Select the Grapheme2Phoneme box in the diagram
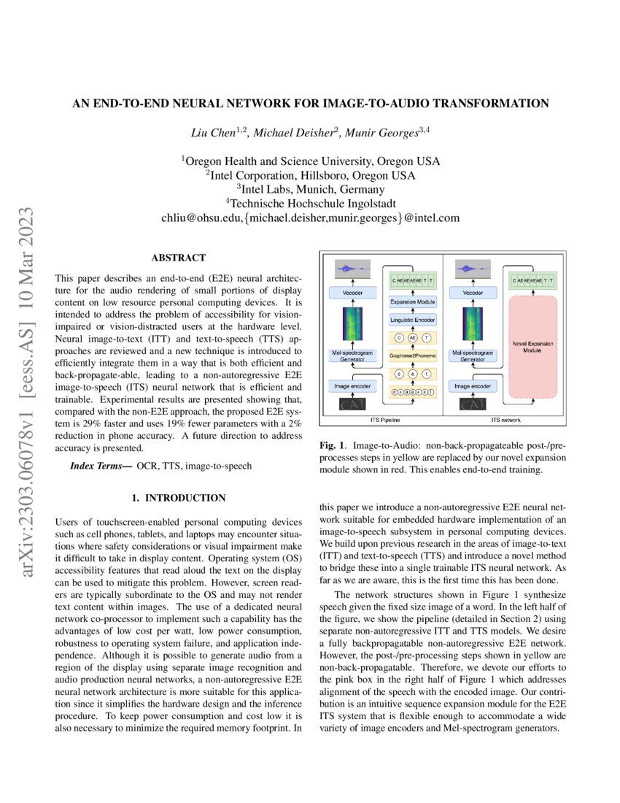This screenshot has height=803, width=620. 412,356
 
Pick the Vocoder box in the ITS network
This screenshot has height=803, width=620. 472,292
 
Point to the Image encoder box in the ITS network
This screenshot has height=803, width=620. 472,385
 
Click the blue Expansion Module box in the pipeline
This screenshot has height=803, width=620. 412,301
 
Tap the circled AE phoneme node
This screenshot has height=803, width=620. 412,337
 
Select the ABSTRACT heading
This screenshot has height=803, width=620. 178,258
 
